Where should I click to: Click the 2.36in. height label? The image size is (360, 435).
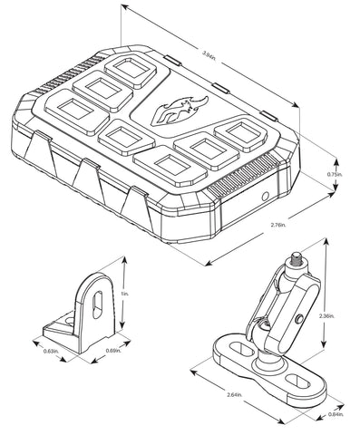coord(329,315)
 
